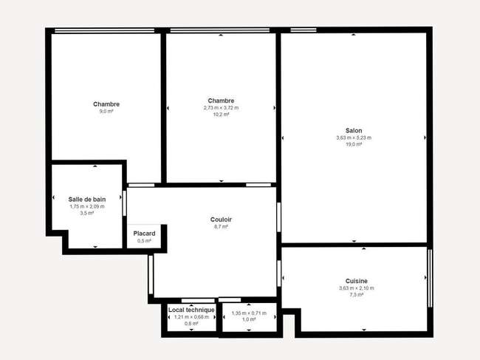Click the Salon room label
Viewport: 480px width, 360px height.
[x=354, y=131]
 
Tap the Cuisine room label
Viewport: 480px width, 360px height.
[x=357, y=281]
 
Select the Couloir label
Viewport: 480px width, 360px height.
[x=221, y=220]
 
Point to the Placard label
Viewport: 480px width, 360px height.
[x=144, y=234]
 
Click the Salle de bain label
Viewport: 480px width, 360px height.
[x=87, y=200]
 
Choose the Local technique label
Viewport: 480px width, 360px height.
[x=191, y=310]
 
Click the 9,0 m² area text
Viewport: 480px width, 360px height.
[x=106, y=111]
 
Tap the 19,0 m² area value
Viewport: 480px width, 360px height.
[x=354, y=144]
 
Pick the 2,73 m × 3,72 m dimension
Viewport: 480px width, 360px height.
[x=221, y=108]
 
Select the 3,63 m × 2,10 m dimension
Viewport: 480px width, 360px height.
[x=357, y=288]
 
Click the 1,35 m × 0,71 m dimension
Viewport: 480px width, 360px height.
[x=249, y=313]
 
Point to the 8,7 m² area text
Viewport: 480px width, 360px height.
[x=221, y=227]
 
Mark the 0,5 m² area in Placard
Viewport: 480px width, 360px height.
[x=144, y=241]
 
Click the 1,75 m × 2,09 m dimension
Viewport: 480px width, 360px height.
[x=87, y=206]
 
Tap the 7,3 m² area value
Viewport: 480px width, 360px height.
[x=357, y=295]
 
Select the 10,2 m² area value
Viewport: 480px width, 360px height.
[x=221, y=115]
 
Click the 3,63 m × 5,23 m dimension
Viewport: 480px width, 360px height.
[x=354, y=138]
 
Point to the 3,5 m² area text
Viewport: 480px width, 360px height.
[x=87, y=213]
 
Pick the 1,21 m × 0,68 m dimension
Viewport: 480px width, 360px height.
[x=191, y=317]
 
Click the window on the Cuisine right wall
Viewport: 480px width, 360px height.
[x=430, y=278]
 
